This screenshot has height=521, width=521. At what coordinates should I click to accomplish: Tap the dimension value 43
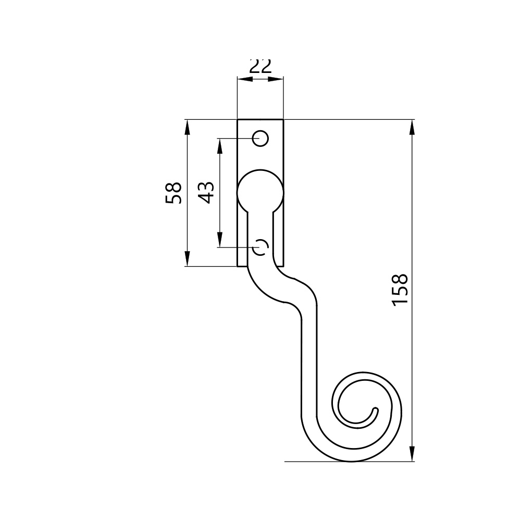point(206,193)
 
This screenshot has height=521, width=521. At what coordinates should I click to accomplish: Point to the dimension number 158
point(400,290)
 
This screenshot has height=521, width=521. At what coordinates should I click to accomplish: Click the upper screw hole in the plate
point(260,138)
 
